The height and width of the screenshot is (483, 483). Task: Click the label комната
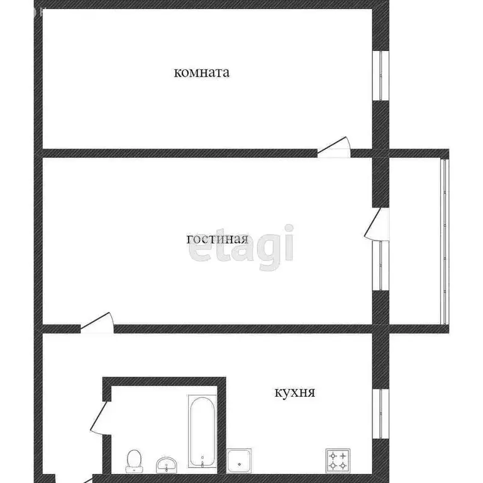point(201,72)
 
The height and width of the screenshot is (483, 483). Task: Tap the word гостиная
point(218,239)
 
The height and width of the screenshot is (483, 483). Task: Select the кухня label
point(295,393)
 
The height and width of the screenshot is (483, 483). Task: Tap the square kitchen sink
point(239,460)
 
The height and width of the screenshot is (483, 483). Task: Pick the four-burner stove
point(337,460)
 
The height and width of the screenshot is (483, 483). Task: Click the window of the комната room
point(380,74)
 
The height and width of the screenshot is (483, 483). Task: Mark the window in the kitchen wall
point(380,413)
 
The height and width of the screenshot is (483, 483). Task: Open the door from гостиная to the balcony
point(375,224)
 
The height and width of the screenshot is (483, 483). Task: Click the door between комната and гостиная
point(333,148)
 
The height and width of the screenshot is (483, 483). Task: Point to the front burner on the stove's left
point(331,465)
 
